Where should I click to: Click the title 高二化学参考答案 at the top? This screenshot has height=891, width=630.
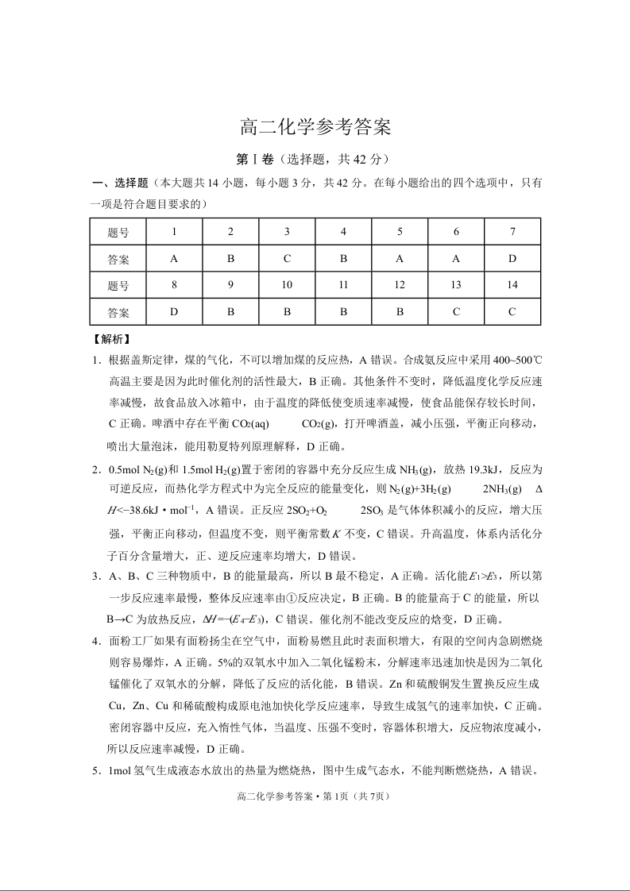pos(315,127)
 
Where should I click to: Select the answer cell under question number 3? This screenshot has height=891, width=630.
pos(287,259)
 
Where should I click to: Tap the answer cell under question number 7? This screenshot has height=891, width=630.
pos(512,259)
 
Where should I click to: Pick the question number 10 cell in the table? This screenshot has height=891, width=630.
pos(287,285)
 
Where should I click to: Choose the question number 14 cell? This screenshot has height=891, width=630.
pos(512,285)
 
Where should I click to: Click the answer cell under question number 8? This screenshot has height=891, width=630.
pos(174,312)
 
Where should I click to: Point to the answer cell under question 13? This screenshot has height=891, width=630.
pos(456,312)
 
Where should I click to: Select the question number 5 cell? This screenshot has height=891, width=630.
pos(400,232)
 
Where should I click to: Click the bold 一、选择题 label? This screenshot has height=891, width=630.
pos(120,183)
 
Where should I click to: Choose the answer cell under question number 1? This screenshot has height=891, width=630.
pos(174,259)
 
